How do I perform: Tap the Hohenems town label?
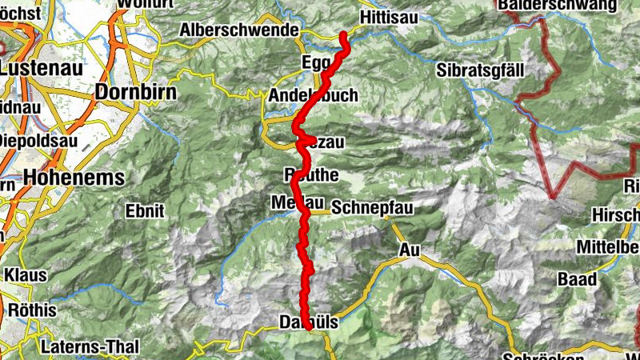click(74, 177)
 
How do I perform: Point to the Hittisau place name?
click(390, 16)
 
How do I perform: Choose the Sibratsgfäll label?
click(480, 70)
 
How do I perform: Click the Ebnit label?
click(144, 211)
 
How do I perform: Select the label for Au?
click(409, 250)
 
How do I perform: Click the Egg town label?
click(317, 62)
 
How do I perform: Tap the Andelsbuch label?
click(313, 95)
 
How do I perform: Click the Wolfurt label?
click(145, 3)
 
